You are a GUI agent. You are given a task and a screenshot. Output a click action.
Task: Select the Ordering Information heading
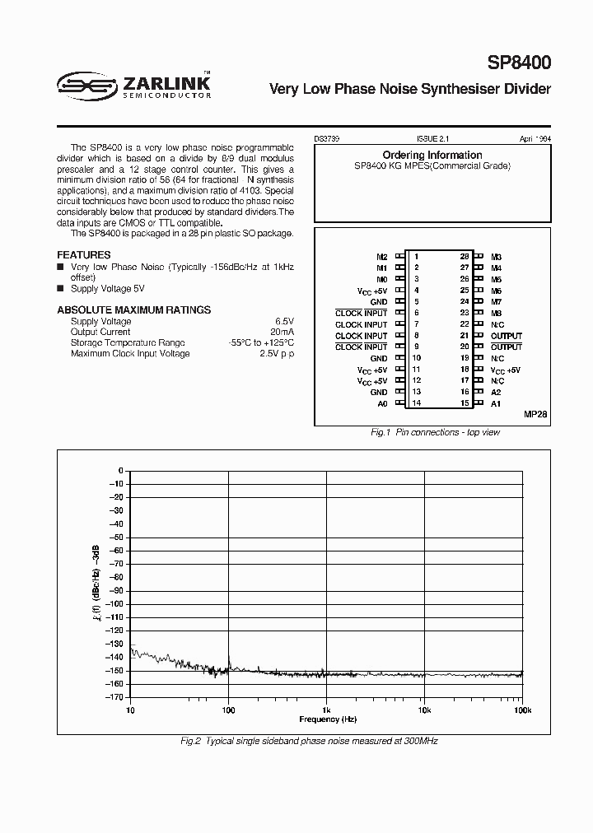pos(432,155)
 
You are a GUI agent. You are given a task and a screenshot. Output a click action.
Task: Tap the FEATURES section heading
pos(84,255)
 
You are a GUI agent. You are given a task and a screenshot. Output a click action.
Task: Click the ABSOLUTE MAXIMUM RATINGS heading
pos(133,309)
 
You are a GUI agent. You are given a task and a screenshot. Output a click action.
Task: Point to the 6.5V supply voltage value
pos(284,321)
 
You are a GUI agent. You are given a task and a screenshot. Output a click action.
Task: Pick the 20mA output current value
pos(282,332)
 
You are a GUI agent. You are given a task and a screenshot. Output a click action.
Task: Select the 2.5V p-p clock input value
pos(278,353)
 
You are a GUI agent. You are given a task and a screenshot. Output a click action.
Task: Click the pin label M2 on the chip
pos(381,257)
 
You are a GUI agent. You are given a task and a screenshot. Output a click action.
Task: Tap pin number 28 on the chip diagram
pos(465,257)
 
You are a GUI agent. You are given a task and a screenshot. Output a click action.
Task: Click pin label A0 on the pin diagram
pos(382,404)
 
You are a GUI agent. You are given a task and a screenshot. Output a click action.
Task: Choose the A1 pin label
pos(496,404)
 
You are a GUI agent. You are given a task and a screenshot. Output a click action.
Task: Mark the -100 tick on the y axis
pos(115,603)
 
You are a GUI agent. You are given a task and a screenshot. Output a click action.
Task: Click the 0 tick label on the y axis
pos(120,470)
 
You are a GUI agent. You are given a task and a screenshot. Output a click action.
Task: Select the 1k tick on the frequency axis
pos(326,709)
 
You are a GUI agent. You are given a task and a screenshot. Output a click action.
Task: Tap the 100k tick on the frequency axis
pos(521,709)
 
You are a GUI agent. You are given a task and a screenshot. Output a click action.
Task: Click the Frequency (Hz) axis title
pos(328,719)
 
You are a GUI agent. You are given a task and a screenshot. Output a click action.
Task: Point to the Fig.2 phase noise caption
pos(309,741)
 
